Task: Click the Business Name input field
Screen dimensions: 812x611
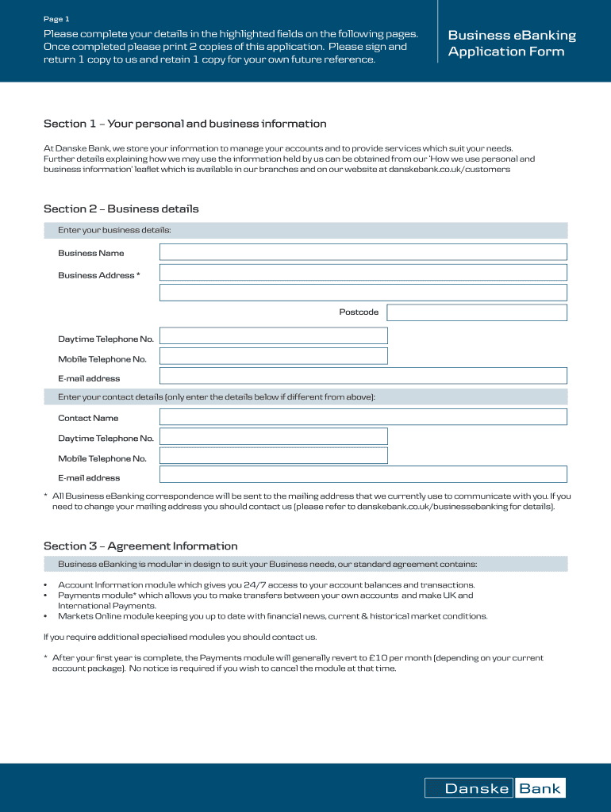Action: pos(363,252)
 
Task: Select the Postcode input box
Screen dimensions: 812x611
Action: pos(476,312)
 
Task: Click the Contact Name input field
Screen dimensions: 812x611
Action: pos(363,417)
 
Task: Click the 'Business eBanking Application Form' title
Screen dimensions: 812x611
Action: pos(512,44)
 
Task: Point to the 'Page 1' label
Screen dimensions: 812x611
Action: pos(56,18)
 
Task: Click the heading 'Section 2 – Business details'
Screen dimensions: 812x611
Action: pos(121,209)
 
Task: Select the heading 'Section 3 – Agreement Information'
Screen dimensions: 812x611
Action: pos(140,546)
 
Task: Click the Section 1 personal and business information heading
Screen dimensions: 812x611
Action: pos(185,124)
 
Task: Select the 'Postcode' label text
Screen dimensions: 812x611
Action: pos(359,312)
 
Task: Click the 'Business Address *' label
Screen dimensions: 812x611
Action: pos(99,275)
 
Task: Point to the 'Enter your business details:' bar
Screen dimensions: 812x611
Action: pos(305,230)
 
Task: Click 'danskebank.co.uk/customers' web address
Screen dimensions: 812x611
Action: pos(449,169)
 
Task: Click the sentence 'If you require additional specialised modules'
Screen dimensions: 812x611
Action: pos(179,637)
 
